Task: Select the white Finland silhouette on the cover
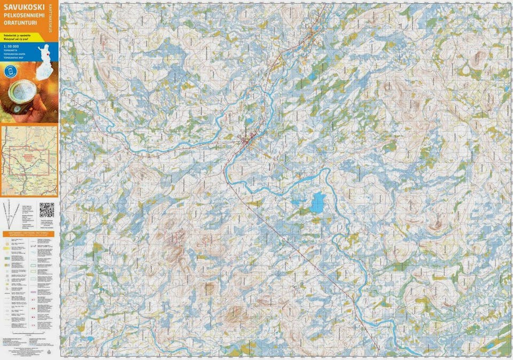44,54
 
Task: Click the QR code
46,209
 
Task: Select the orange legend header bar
29,233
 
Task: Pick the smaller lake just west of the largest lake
298,202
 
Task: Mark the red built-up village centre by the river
248,139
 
